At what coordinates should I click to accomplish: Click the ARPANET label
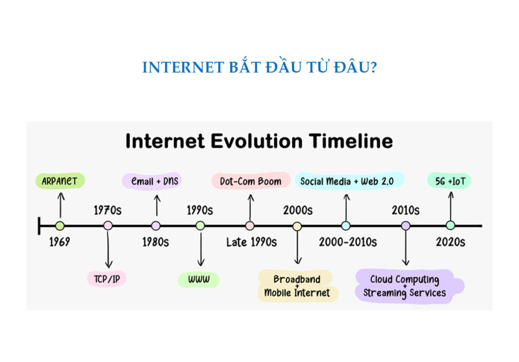pos(60,181)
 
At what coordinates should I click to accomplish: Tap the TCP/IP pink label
pos(106,278)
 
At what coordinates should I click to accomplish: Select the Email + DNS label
pos(155,181)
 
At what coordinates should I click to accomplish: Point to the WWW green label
pos(199,279)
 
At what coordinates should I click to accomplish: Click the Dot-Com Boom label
pos(250,181)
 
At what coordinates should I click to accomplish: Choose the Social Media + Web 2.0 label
pos(349,181)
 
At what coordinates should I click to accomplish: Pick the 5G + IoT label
pos(450,181)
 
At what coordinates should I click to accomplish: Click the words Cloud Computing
pos(404,279)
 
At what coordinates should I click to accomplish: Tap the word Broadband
pos(297,279)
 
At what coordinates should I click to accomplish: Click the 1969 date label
pos(59,242)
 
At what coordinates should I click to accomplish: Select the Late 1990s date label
pos(251,242)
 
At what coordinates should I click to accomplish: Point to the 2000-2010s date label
pos(348,242)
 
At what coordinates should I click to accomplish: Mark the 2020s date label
pos(450,242)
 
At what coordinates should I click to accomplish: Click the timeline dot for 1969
pos(60,226)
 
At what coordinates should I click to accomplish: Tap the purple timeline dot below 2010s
pos(405,226)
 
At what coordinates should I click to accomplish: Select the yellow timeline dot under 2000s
pos(297,226)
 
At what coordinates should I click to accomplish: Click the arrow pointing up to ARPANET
pos(60,205)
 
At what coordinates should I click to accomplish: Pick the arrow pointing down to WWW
pos(201,251)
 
